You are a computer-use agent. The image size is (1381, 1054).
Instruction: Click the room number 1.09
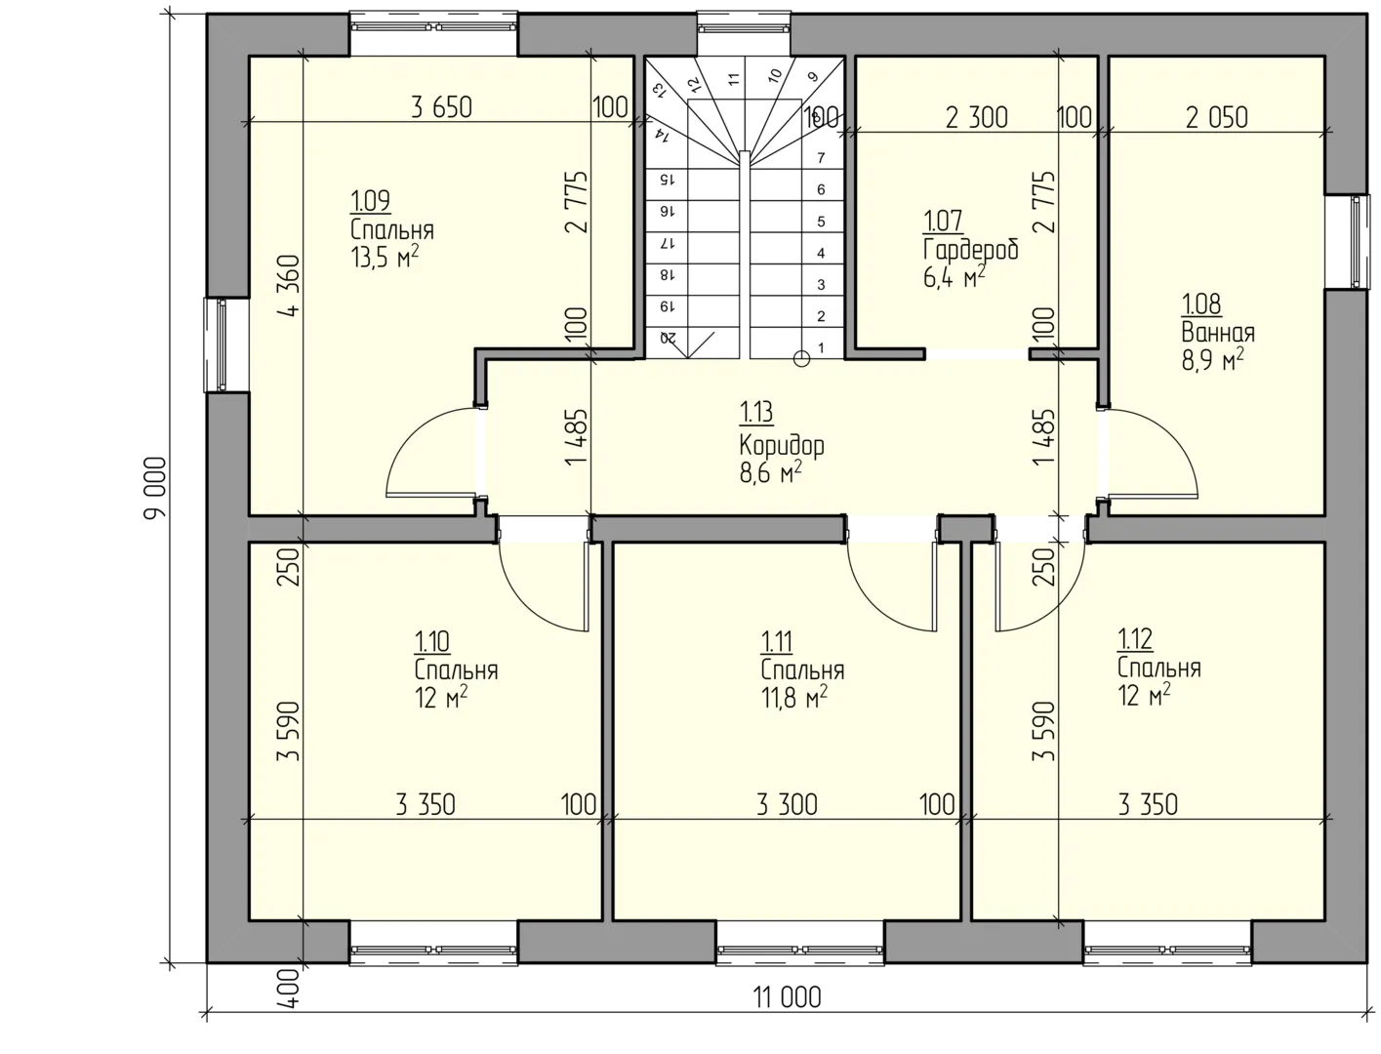(370, 201)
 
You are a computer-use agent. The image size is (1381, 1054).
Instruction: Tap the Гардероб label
(971, 250)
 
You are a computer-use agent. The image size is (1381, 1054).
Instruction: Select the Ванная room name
(1218, 332)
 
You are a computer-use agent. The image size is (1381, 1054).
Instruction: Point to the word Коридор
(782, 445)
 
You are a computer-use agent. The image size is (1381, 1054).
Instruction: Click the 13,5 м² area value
(386, 257)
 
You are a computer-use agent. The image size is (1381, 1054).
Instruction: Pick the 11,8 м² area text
(794, 698)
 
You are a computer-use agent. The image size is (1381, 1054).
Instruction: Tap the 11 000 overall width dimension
(787, 997)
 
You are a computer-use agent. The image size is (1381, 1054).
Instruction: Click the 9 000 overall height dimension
(155, 488)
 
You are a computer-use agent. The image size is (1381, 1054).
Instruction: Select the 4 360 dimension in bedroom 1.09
(289, 286)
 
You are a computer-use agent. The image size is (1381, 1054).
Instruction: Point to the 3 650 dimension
(441, 107)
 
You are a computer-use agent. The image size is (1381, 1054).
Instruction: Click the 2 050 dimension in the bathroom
(1216, 118)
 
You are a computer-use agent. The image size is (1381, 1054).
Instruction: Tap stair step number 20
(667, 338)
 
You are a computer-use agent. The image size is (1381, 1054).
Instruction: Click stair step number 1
(821, 347)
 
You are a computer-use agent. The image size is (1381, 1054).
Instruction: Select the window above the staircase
(744, 27)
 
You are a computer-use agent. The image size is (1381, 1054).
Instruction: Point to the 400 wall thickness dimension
(289, 988)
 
